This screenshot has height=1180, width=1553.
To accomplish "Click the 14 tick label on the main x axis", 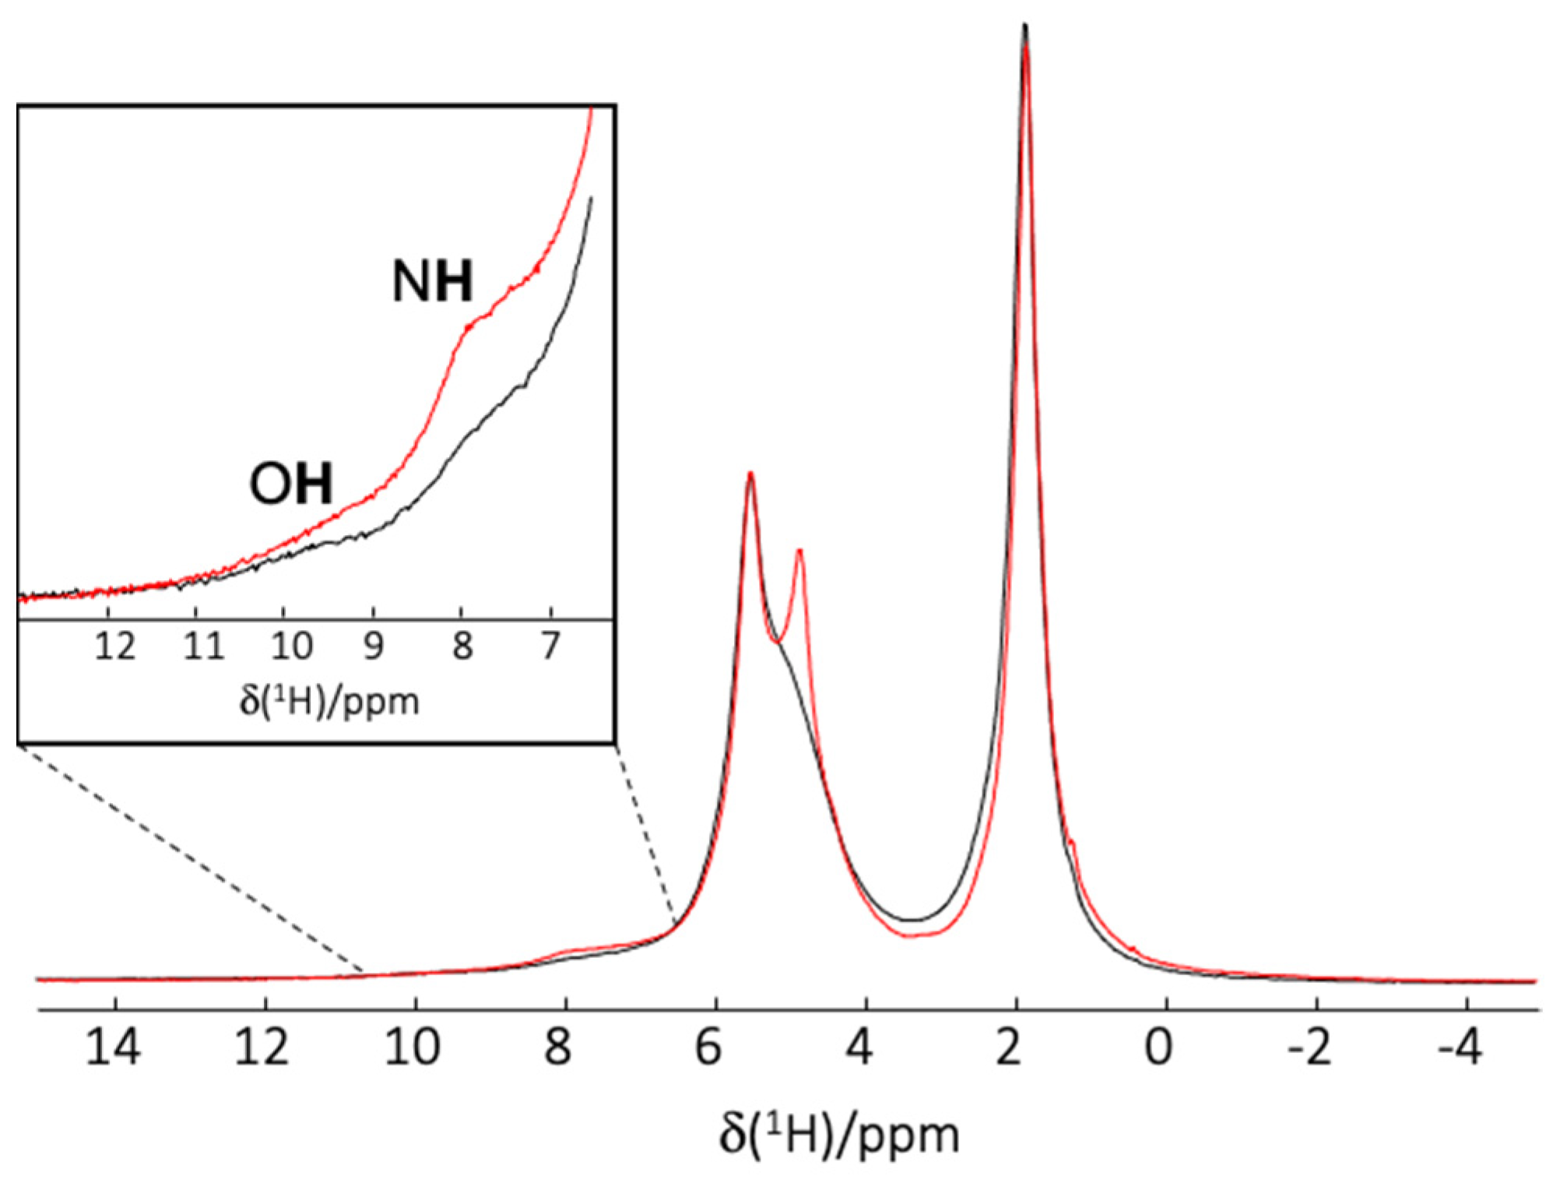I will [114, 1047].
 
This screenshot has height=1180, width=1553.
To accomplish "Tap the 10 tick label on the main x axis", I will [413, 1047].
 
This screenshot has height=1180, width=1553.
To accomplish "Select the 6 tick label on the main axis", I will [708, 1047].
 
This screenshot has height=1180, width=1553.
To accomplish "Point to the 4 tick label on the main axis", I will [859, 1047].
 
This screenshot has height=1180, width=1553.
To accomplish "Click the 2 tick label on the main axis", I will [1009, 1047].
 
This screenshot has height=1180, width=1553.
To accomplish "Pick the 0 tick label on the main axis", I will [1159, 1047].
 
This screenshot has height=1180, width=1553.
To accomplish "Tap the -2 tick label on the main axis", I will [1309, 1047].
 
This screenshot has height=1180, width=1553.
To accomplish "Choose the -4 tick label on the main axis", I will [1460, 1047].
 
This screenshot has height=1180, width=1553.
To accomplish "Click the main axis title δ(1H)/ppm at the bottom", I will [838, 1135].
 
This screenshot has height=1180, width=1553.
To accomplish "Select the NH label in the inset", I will [432, 281].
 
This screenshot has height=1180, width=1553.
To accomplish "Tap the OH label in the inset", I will [291, 483].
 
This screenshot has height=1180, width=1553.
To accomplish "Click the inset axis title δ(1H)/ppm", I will [329, 701].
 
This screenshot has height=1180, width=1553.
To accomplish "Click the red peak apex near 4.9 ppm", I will [799, 551].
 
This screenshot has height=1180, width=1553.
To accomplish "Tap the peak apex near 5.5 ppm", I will [750, 474].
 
